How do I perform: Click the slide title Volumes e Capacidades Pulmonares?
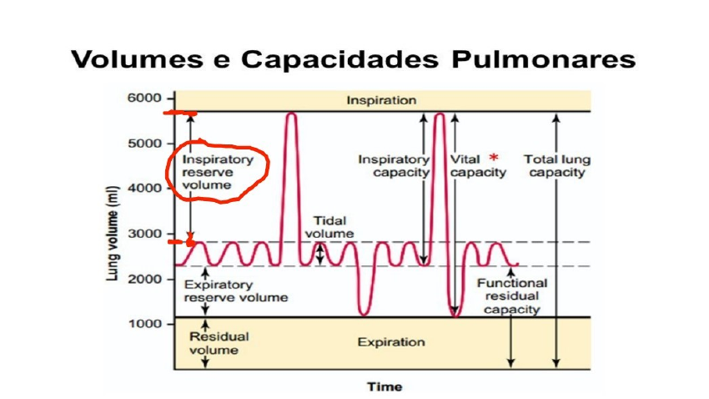point(354,60)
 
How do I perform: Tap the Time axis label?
point(385,386)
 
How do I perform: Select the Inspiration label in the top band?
point(381,100)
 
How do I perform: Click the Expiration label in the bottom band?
point(391,342)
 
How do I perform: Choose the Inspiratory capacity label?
point(394,165)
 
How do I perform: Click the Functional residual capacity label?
point(511,295)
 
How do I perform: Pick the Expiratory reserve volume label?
point(236,290)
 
